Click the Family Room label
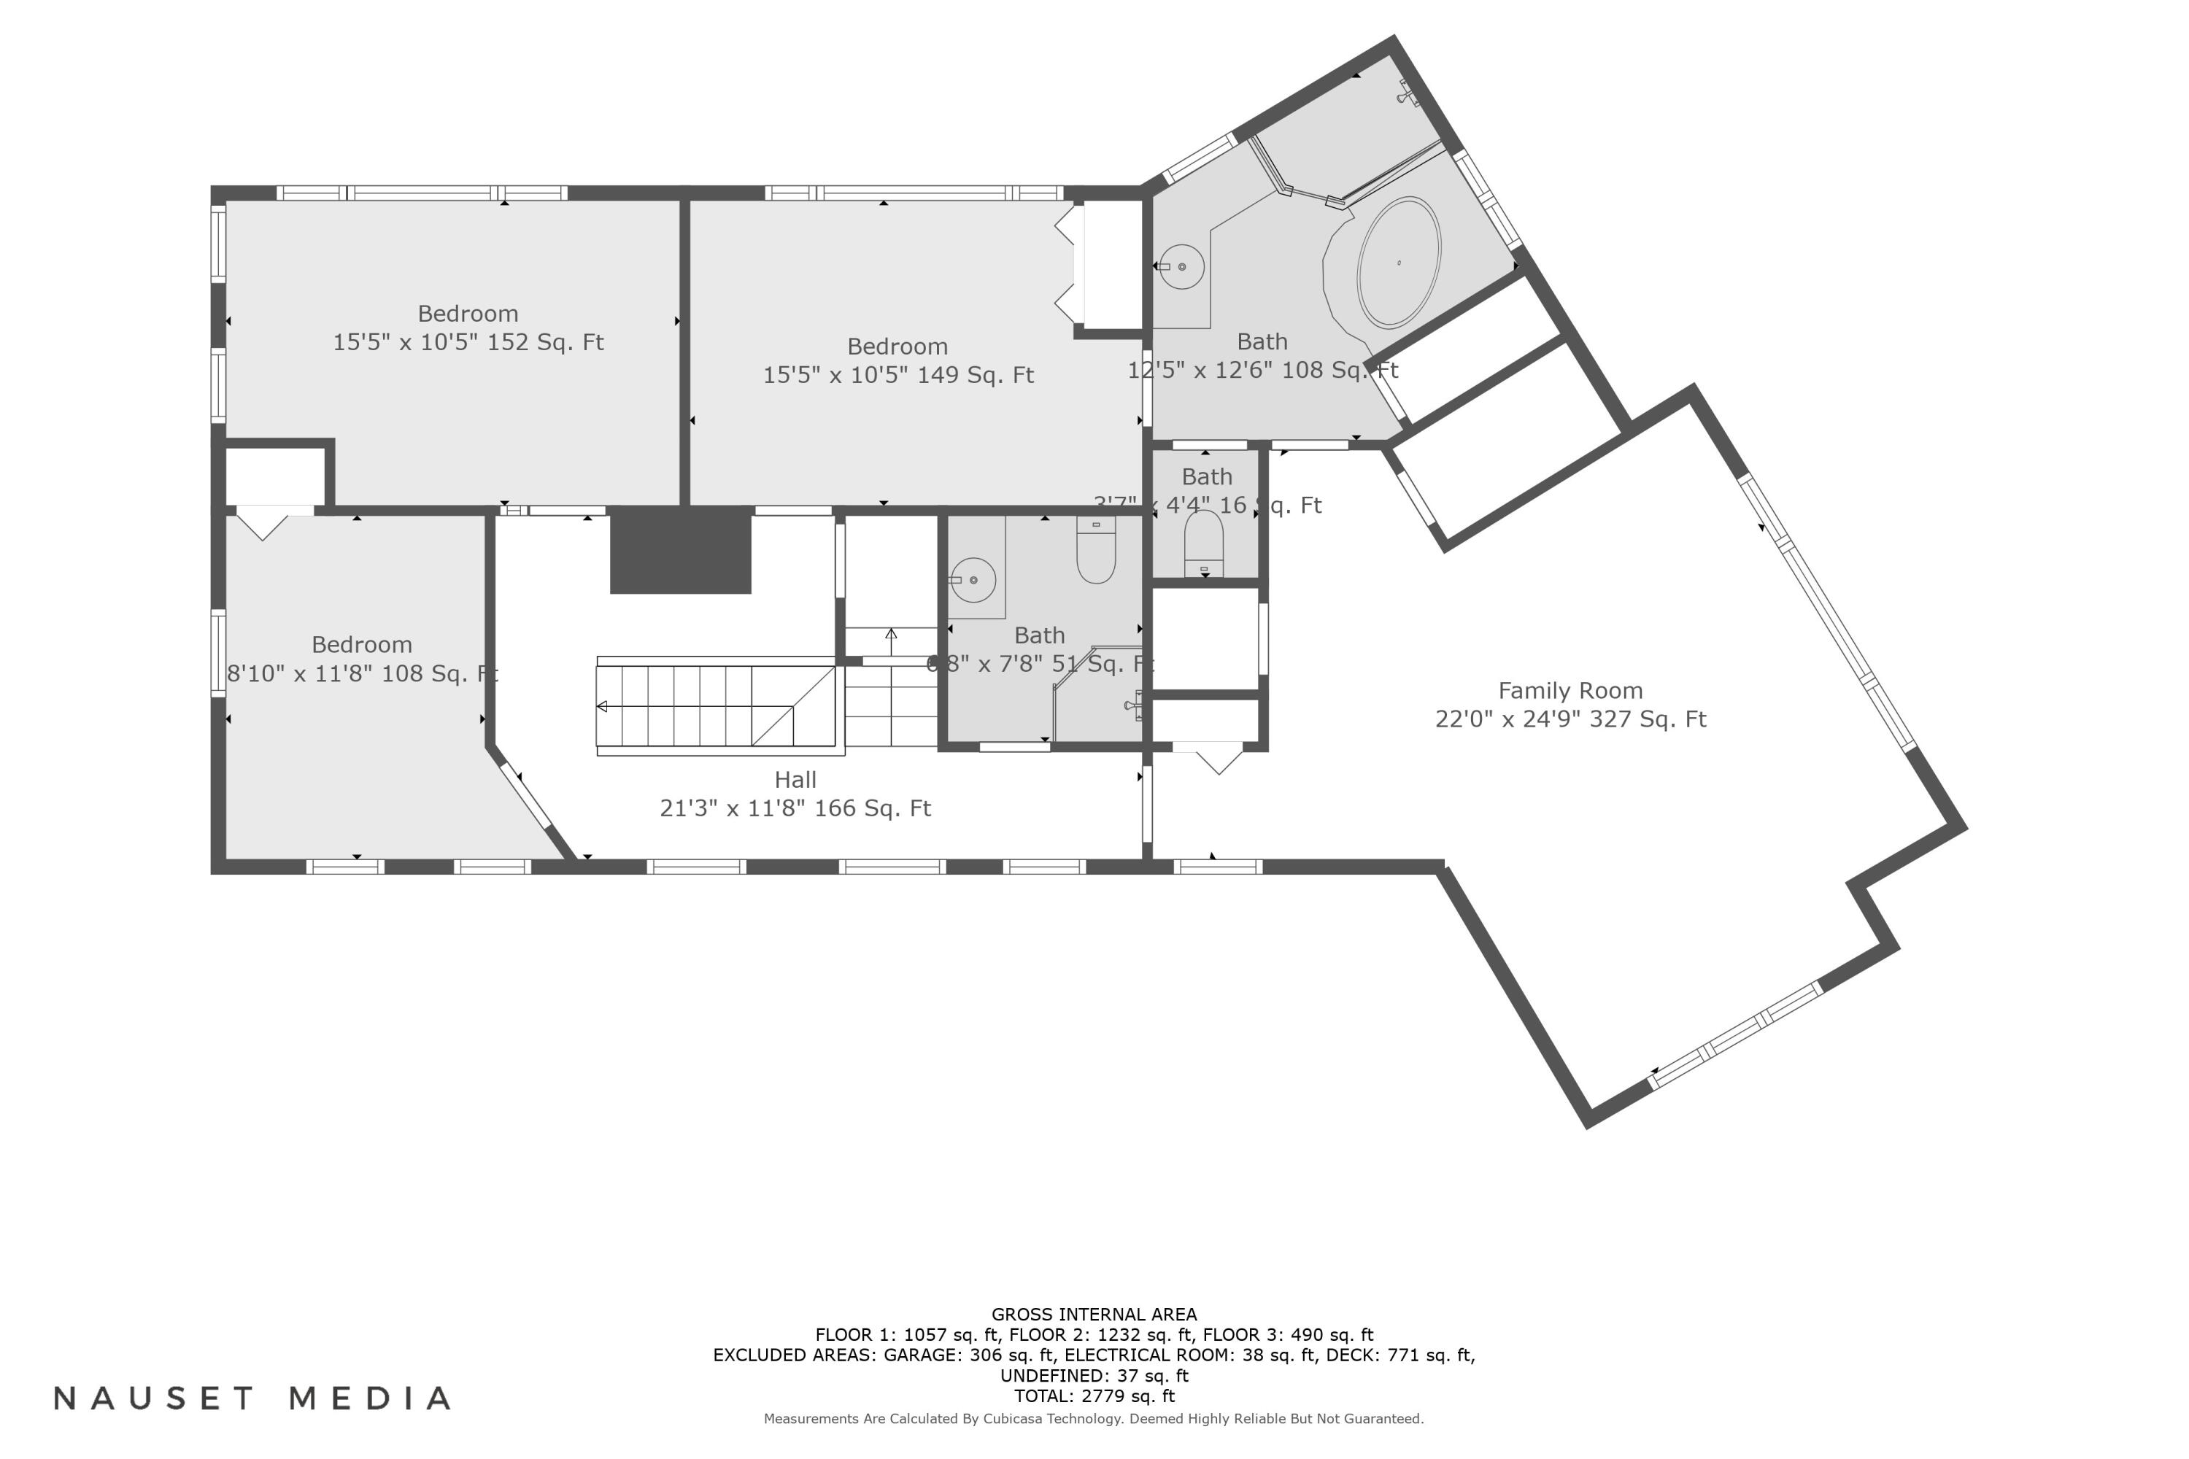[x=1570, y=690]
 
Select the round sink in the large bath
[x=1182, y=266]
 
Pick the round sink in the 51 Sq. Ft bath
[x=973, y=580]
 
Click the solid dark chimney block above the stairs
[x=680, y=550]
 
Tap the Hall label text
[x=795, y=780]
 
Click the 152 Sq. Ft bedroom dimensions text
[x=468, y=342]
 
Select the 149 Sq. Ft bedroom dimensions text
[x=898, y=375]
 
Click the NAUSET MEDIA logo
[x=253, y=1398]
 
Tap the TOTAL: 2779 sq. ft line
[x=1094, y=1396]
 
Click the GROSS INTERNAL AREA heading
[x=1094, y=1314]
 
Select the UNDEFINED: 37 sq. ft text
[x=1094, y=1375]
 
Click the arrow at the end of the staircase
[x=602, y=706]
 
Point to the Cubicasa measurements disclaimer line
[x=1094, y=1418]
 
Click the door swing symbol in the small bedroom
[x=263, y=523]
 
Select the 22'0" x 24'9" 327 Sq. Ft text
[x=1570, y=719]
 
